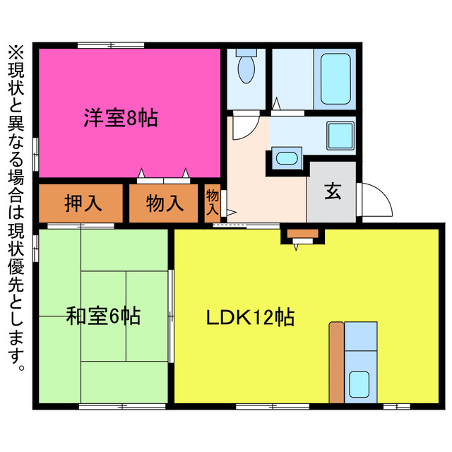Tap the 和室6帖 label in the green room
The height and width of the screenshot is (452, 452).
(x=103, y=315)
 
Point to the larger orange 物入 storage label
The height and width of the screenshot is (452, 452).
(x=165, y=203)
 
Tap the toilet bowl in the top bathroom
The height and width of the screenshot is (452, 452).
(x=246, y=69)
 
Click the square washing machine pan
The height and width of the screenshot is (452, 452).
(x=340, y=134)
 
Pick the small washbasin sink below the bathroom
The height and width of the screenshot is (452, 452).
(x=286, y=157)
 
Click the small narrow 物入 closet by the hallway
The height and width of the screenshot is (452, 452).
(x=213, y=203)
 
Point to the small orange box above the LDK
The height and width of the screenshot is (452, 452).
(x=303, y=234)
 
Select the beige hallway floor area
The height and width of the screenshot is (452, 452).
(x=261, y=191)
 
